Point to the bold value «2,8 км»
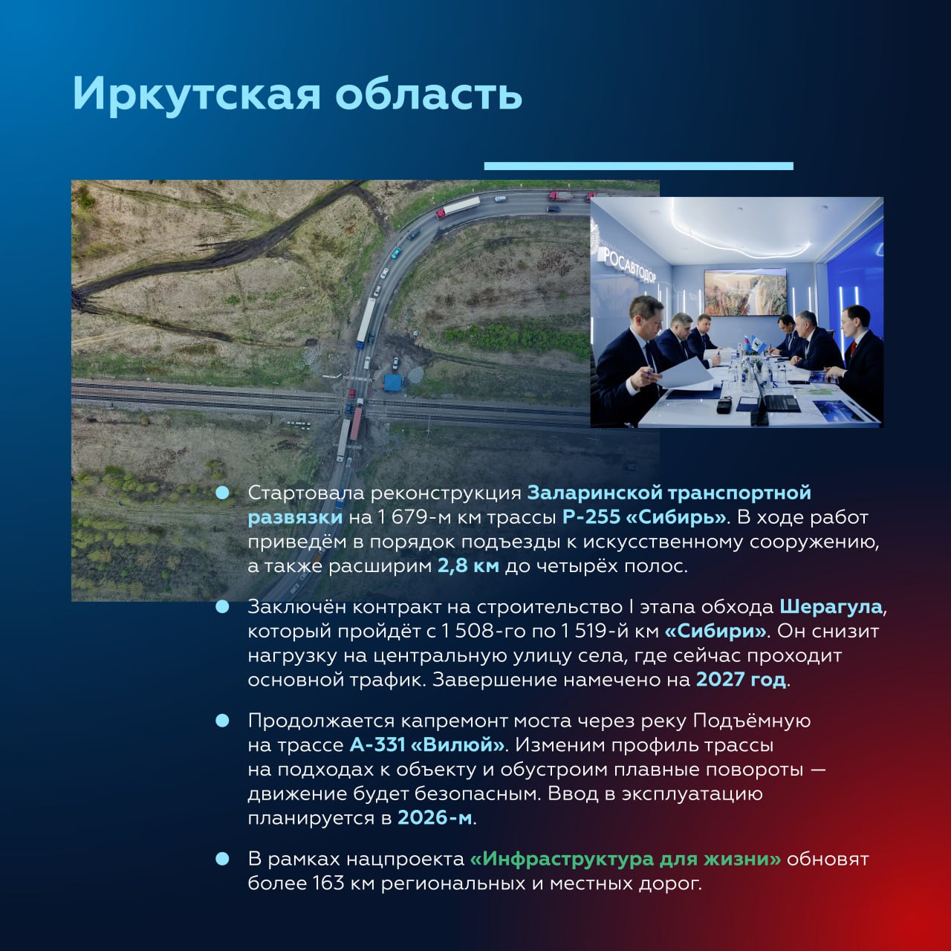pyautogui.click(x=468, y=566)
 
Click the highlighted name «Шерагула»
pyautogui.click(x=831, y=607)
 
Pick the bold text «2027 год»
pyautogui.click(x=740, y=680)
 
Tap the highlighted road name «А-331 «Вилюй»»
pyautogui.click(x=427, y=744)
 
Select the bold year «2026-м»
pyautogui.click(x=435, y=818)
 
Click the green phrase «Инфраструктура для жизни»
pyautogui.click(x=626, y=859)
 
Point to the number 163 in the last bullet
pyautogui.click(x=328, y=883)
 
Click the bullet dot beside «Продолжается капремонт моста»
pyautogui.click(x=222, y=721)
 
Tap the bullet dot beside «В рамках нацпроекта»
pyautogui.click(x=222, y=859)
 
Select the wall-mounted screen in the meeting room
pyautogui.click(x=744, y=291)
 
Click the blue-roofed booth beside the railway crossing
pyautogui.click(x=392, y=383)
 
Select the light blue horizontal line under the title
pyautogui.click(x=638, y=166)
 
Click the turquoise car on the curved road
pyautogui.click(x=396, y=253)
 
